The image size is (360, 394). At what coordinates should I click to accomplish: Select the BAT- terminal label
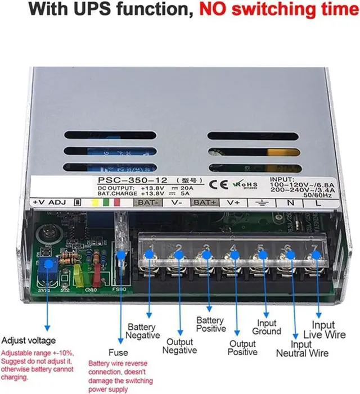pos(147,202)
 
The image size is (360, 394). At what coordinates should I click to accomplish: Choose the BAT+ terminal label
pos(205,202)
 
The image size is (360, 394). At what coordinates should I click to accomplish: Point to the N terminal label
pos(290,203)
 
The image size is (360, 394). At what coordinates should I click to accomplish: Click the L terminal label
pos(318,203)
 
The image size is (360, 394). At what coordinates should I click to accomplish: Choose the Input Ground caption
pos(267,327)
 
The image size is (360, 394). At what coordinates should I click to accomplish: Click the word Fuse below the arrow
pos(118,352)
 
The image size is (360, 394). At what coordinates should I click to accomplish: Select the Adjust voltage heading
pos(29,341)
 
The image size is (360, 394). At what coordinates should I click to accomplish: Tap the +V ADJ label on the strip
pos(49,202)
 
